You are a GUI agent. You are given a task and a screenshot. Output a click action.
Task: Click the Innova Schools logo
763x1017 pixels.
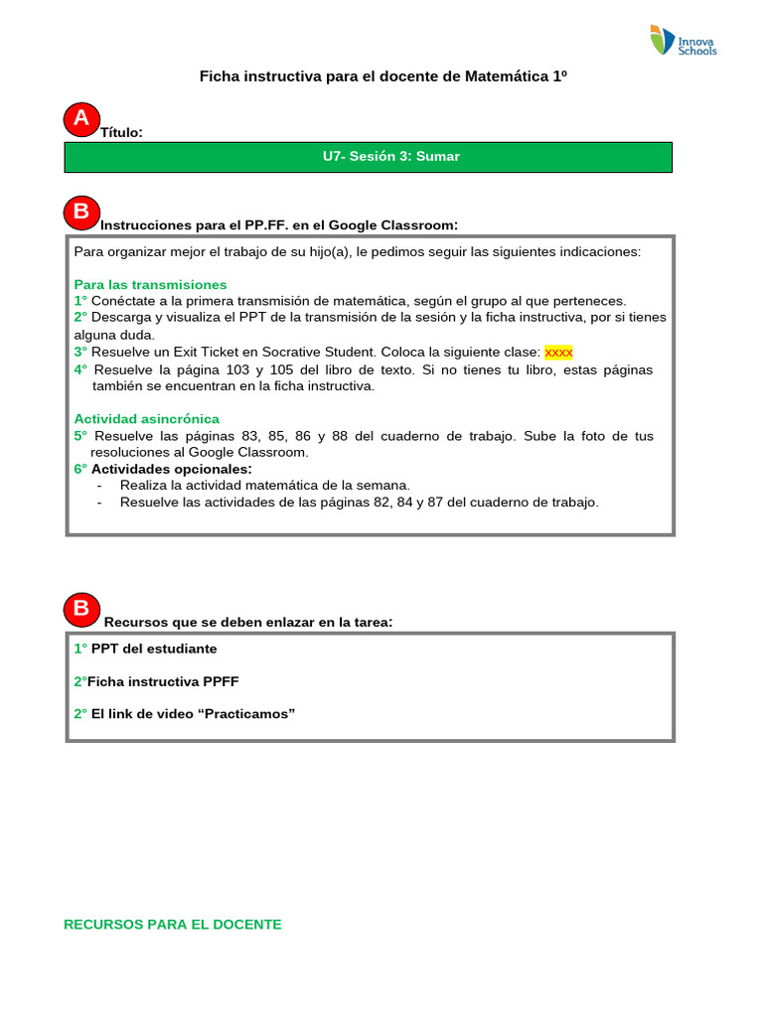[x=683, y=41]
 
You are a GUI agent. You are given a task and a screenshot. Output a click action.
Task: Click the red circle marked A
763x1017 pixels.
[x=81, y=119]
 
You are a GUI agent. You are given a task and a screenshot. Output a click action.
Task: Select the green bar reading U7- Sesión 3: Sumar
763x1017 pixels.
[x=369, y=157]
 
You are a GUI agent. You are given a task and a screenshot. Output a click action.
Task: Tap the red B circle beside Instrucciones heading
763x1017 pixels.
[x=81, y=212]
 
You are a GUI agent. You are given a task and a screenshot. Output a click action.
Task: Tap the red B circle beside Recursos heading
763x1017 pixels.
[x=81, y=609]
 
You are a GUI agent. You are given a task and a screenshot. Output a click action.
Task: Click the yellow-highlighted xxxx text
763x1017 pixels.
[x=558, y=352]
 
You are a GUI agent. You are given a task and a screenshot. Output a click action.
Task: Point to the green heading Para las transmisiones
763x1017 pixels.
[x=150, y=284]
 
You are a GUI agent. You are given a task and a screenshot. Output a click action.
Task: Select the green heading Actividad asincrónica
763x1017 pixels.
[x=146, y=419]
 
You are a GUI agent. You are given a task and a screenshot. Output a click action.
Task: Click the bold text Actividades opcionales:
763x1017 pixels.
[x=172, y=469]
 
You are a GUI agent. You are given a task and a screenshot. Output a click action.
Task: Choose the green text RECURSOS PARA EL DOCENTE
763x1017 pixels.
[x=173, y=925]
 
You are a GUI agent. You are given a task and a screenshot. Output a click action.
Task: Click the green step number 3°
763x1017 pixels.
[x=80, y=352]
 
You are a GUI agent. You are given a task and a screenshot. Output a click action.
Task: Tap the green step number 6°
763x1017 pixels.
[x=80, y=469]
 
